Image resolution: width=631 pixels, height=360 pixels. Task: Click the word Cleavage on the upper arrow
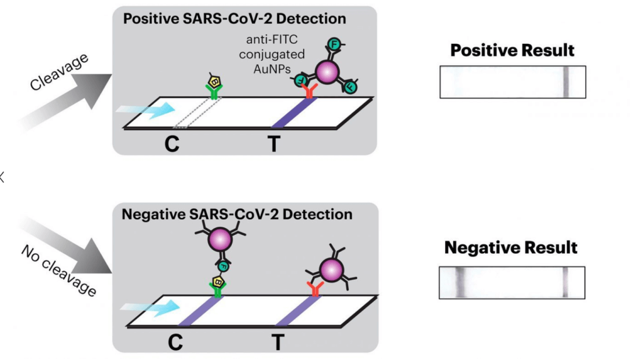click(59, 72)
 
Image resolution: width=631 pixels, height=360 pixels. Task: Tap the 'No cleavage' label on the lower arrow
click(59, 271)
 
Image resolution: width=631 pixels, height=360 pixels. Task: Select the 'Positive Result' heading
click(512, 51)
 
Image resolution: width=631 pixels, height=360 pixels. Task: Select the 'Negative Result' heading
click(511, 248)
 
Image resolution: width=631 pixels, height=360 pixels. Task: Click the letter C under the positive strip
click(172, 144)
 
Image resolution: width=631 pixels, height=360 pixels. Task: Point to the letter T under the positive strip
click(273, 144)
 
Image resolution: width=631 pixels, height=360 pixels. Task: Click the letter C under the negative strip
click(175, 342)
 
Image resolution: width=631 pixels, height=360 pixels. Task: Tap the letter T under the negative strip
click(278, 342)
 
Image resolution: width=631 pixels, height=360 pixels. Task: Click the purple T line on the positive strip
click(294, 113)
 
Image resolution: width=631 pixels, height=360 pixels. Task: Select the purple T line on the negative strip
click(298, 311)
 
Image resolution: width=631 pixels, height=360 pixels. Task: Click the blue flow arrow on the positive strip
click(145, 109)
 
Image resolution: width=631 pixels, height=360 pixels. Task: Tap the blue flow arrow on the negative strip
click(150, 307)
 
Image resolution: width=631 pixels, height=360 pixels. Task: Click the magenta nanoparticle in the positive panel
click(327, 72)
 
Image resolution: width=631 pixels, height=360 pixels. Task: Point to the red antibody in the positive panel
click(309, 91)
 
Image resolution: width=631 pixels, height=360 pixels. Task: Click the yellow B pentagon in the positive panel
click(214, 82)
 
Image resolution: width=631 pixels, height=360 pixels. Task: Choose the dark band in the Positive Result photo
click(566, 82)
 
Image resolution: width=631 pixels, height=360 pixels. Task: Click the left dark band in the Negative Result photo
click(460, 283)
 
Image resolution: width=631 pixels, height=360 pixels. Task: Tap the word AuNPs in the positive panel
click(272, 70)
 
